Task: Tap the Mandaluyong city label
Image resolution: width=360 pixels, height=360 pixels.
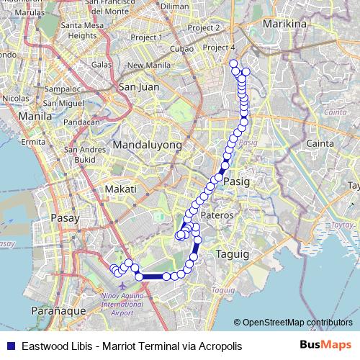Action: click(145, 145)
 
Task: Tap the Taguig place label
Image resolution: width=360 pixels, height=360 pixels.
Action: click(231, 254)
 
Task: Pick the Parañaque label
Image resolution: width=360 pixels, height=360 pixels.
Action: click(59, 310)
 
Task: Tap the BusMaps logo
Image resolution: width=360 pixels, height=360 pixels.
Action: click(325, 345)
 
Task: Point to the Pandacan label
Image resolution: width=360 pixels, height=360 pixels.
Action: click(80, 122)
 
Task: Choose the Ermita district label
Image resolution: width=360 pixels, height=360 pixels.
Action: click(34, 142)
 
